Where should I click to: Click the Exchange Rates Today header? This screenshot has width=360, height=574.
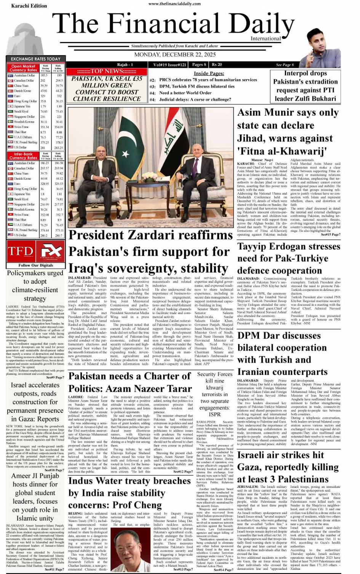pos(35,59)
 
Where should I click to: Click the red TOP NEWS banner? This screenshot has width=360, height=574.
pos(107,71)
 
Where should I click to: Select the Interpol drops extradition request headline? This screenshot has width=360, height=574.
pos(305,86)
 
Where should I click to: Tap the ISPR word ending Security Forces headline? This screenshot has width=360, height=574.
pos(214,414)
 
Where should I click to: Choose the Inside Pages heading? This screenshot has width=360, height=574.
pos(209,73)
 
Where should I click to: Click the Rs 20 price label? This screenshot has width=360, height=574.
pos(217,65)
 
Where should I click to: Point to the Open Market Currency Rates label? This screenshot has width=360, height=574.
pos(23,68)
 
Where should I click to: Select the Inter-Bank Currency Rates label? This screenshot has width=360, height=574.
pos(23,156)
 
